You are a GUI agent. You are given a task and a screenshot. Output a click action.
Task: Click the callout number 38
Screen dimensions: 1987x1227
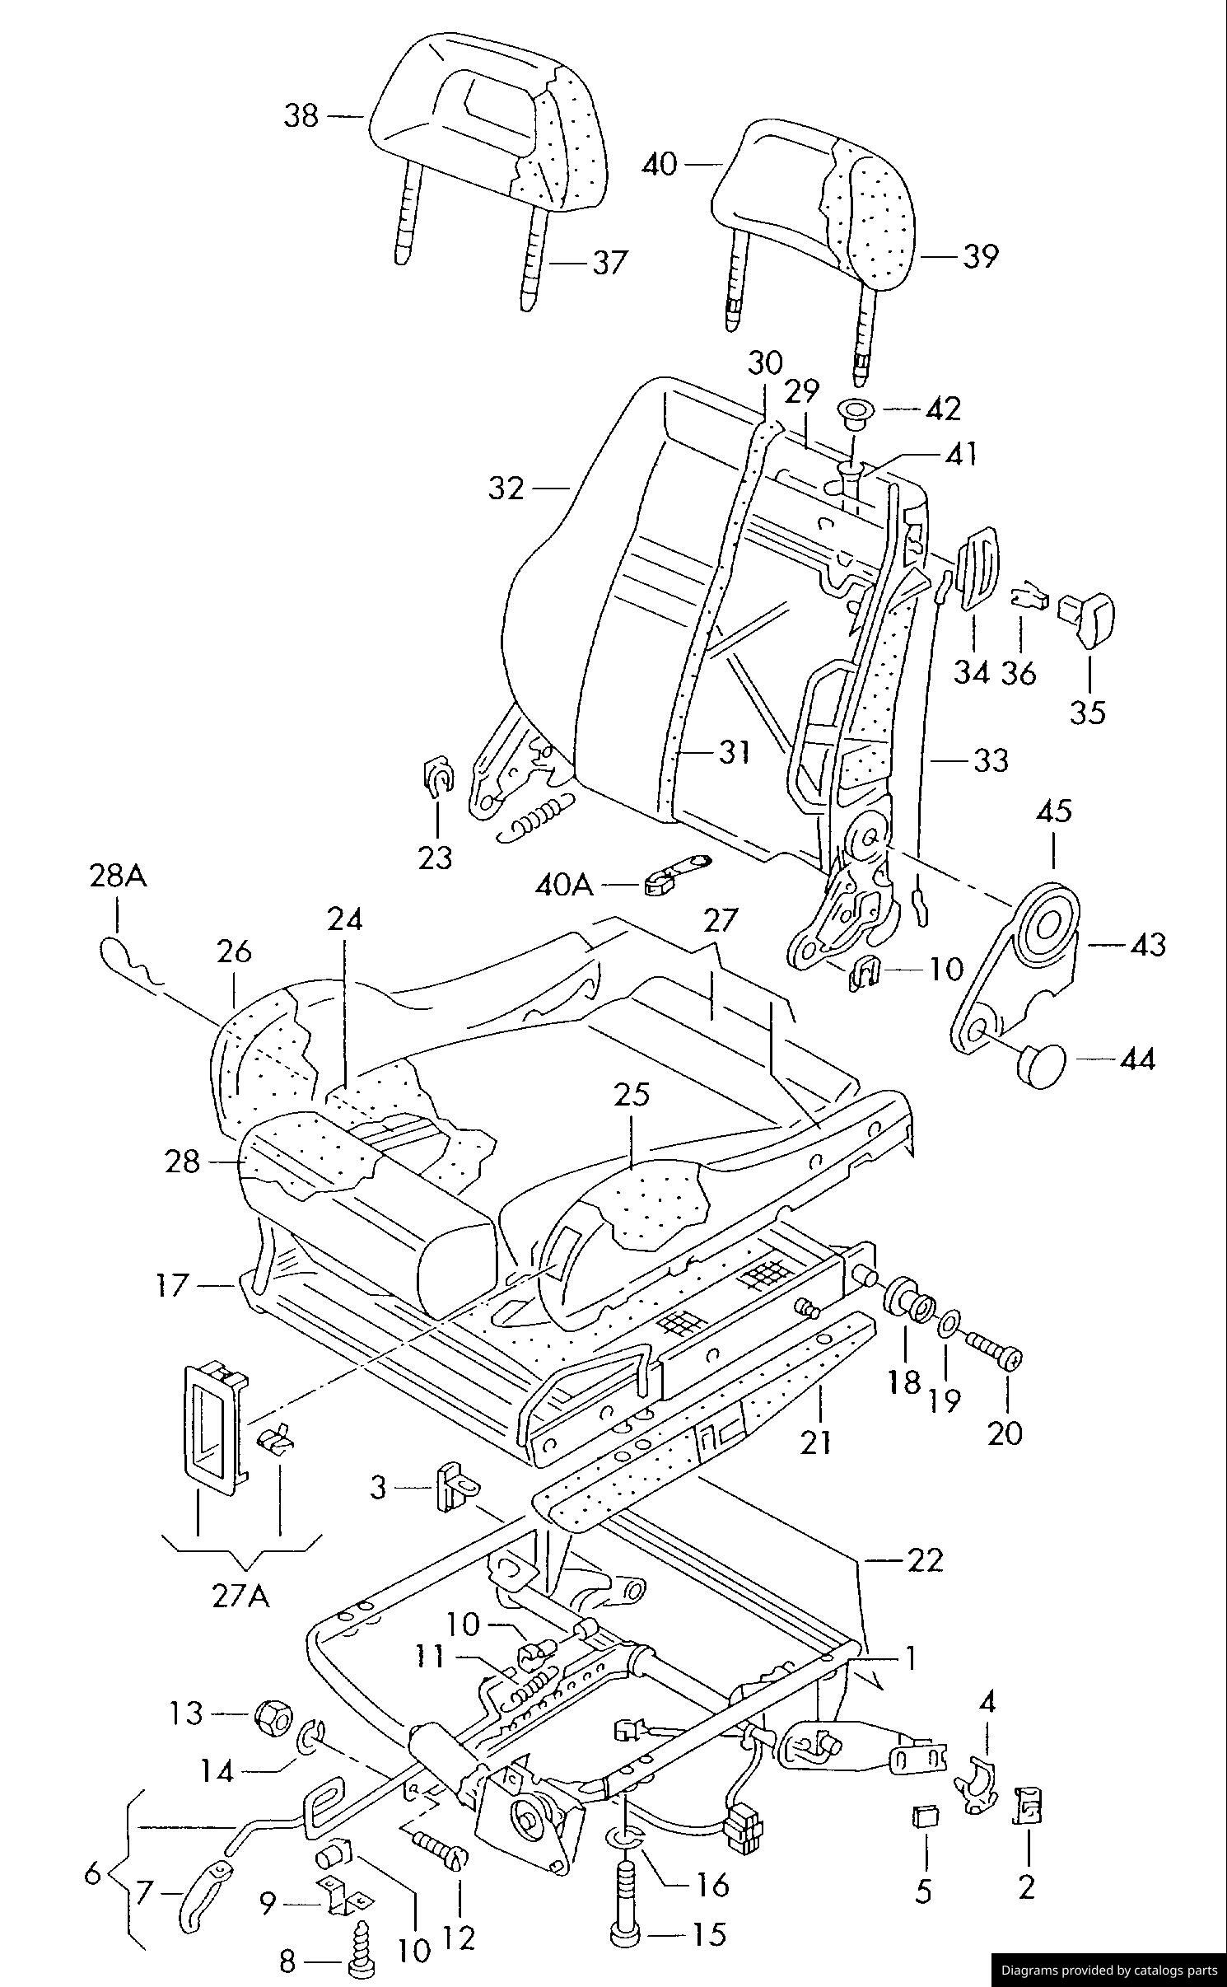301,115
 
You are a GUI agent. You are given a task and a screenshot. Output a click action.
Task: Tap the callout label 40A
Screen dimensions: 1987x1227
564,885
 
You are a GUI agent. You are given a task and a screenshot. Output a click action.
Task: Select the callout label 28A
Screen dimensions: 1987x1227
118,877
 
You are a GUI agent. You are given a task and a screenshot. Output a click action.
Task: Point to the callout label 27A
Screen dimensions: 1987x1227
240,1596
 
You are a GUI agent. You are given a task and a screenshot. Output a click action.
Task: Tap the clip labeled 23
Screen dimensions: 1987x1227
436,777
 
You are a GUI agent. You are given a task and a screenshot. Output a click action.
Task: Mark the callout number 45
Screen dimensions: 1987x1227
1054,811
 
